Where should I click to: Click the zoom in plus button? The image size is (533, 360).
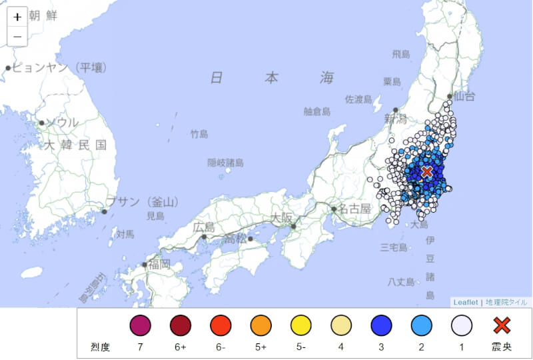point(17,17)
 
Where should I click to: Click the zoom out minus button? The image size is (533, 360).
point(17,36)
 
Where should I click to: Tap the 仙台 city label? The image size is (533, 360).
point(464,97)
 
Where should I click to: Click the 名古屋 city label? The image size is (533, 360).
point(354,209)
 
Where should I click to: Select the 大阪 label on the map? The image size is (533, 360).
point(282,217)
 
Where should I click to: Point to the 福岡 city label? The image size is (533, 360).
point(160,264)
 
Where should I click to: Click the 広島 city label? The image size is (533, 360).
point(204,227)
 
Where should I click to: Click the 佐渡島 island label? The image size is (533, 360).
point(358,99)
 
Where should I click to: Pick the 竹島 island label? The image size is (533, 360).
point(199,134)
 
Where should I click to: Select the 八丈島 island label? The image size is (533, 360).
point(401,282)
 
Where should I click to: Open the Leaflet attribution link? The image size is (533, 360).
point(466,302)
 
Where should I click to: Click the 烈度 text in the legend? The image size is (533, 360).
point(100,347)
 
